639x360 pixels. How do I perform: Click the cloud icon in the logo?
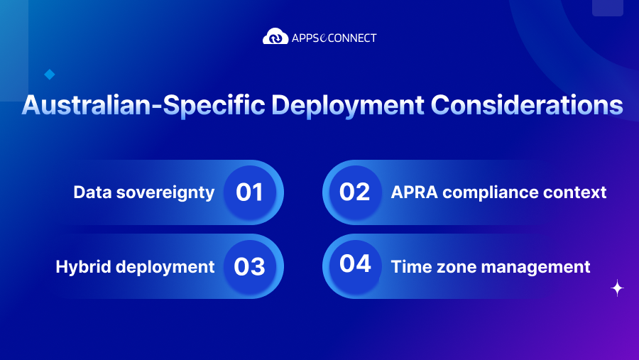coord(275,36)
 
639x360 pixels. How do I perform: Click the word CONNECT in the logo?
coord(352,38)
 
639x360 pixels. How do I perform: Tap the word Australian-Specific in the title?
coord(143,106)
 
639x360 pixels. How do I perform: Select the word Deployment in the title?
coord(348,106)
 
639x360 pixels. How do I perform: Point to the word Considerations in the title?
coord(527,105)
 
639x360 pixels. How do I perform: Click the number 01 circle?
coord(250,192)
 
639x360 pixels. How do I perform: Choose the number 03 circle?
coord(250,266)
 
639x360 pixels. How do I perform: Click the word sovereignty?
coord(165,193)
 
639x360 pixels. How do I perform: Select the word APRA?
coord(415,192)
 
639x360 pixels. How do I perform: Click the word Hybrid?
coord(83,267)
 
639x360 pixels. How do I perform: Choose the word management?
coord(535,268)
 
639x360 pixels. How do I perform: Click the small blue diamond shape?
coord(50,75)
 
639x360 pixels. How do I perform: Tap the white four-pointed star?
coord(618,288)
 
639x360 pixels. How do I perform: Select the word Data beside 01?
coord(92,192)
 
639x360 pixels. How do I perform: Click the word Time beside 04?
coord(412,267)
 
